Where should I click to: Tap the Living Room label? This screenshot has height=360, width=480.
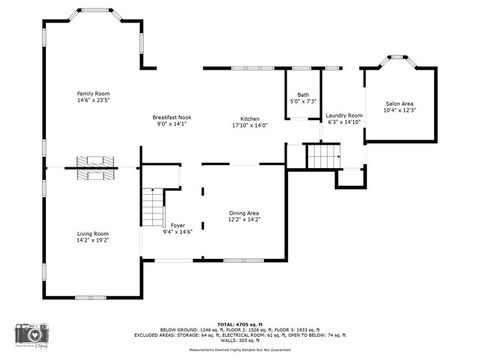[x=92, y=233]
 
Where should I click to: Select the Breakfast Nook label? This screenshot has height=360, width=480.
[x=171, y=118]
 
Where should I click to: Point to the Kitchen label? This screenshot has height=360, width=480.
[x=249, y=118]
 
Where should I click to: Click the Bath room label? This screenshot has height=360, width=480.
[x=302, y=95]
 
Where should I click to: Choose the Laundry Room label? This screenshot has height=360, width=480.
[x=344, y=115]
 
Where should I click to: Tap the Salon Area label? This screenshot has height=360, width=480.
[x=399, y=103]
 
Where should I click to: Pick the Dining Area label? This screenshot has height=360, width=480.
[x=244, y=212]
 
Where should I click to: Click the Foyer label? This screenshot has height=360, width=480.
[x=177, y=225]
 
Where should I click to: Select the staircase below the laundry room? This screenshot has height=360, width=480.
[x=322, y=156]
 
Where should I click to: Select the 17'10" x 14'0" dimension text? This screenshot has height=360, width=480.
[x=249, y=125]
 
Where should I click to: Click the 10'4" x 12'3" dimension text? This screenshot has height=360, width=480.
[x=399, y=110]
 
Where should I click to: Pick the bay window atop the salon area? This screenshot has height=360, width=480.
[x=399, y=61]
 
